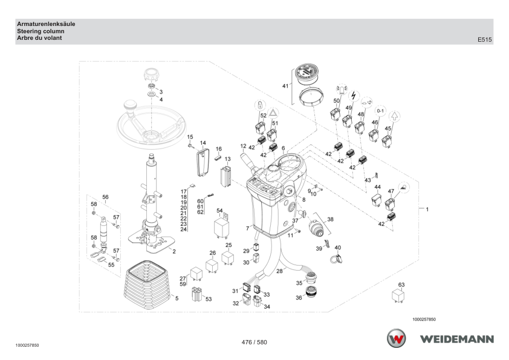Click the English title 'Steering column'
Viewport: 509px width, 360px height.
(x=41, y=31)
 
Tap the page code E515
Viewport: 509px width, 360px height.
(x=484, y=40)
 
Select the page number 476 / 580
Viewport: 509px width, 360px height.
(x=254, y=342)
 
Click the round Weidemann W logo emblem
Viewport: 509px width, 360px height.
(x=396, y=338)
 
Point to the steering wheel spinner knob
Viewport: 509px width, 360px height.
(x=130, y=106)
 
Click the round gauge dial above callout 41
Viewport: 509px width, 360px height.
(x=307, y=74)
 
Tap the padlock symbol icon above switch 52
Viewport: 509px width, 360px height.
(x=260, y=105)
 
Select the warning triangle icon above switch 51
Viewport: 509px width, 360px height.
(x=274, y=113)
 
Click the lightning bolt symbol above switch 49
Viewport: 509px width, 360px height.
(x=354, y=96)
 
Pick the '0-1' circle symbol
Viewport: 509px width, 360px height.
(x=380, y=111)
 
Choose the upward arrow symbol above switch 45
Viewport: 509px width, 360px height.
(x=394, y=116)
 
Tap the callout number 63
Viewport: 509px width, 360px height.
(x=401, y=284)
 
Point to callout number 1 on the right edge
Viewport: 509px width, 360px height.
(x=427, y=210)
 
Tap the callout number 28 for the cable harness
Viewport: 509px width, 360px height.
(x=279, y=271)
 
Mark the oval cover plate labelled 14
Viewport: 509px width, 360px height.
(x=203, y=162)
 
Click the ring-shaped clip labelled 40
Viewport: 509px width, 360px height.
(x=336, y=259)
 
